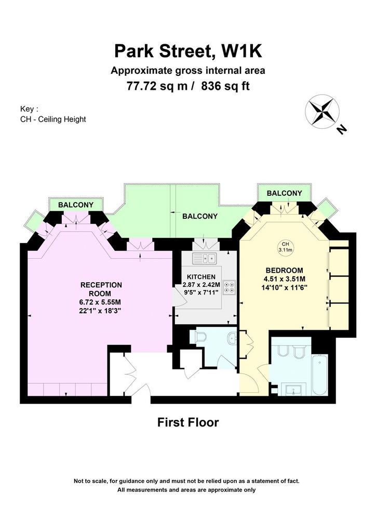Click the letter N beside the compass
click(342, 129)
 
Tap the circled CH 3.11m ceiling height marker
click(285, 247)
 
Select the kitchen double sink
click(205, 259)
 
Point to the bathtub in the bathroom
click(320, 375)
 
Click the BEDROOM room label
click(284, 270)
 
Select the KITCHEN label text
click(201, 277)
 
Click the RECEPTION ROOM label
click(101, 289)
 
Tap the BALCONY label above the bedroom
click(284, 193)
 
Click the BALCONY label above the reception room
click(76, 205)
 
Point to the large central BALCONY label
click(200, 216)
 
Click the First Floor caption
click(188, 422)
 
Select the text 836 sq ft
click(225, 86)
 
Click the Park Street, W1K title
click(188, 51)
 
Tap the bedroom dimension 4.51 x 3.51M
click(285, 279)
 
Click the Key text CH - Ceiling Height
click(53, 119)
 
